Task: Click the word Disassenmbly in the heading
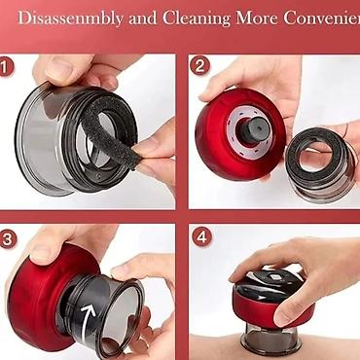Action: (70, 18)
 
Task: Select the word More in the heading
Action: (257, 18)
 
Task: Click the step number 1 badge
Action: (6, 67)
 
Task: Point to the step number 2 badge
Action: (199, 65)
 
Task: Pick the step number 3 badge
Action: (8, 239)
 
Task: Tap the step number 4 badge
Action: (201, 236)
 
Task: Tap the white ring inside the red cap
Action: (250, 127)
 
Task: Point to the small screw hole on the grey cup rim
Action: (98, 175)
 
